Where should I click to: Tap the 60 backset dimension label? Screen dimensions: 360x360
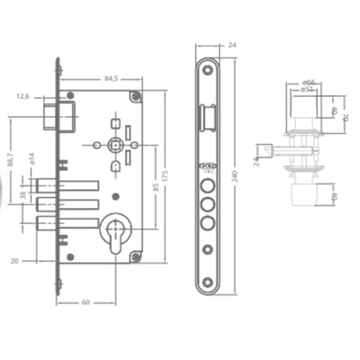click(85, 302)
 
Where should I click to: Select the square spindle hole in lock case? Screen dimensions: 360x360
click(113, 144)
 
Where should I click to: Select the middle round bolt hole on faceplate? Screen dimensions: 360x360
click(207, 203)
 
